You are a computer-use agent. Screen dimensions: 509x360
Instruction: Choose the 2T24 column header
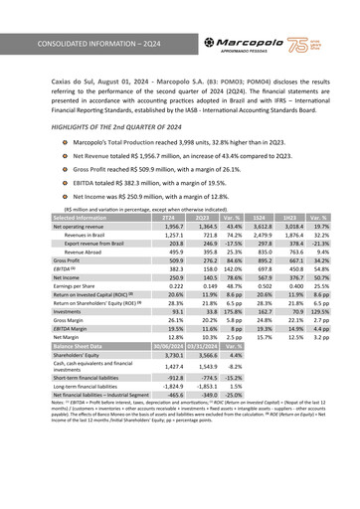point(170,218)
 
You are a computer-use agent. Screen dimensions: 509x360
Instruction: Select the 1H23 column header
point(291,218)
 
